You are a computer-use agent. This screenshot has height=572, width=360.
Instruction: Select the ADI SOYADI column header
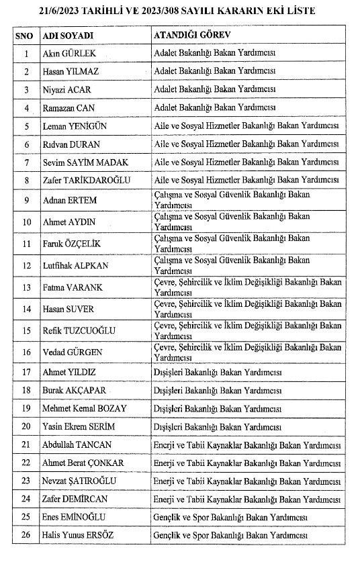pyautogui.click(x=67, y=34)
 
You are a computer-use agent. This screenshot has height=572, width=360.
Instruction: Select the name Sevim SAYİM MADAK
pyautogui.click(x=85, y=162)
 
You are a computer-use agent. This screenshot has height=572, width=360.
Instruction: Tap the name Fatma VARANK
pyautogui.click(x=71, y=287)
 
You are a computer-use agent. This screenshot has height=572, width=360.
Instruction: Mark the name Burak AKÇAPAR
pyautogui.click(x=74, y=390)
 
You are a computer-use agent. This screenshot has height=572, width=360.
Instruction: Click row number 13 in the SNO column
pyautogui.click(x=26, y=287)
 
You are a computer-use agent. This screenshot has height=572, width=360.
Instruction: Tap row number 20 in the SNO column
pyautogui.click(x=26, y=426)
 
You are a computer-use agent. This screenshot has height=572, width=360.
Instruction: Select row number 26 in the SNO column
pyautogui.click(x=26, y=535)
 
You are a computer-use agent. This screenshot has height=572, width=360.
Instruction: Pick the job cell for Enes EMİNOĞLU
pyautogui.click(x=230, y=517)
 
